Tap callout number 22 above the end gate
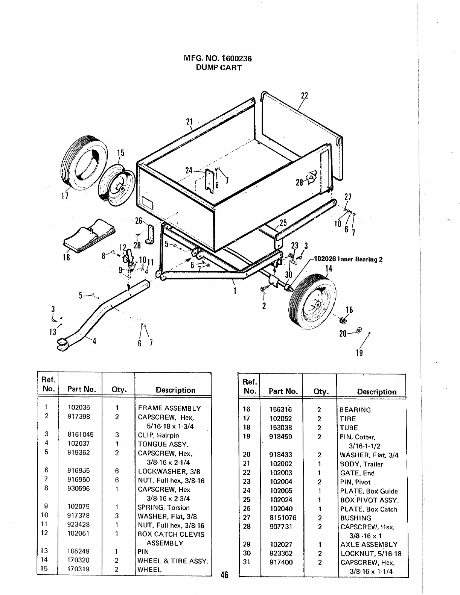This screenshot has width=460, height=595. click(305, 96)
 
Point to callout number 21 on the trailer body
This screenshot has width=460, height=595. click(189, 121)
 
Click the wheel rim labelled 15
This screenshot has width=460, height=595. click(117, 186)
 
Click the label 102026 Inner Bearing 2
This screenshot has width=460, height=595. click(348, 259)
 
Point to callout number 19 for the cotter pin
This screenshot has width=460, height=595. click(359, 353)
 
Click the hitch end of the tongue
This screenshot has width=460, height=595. click(62, 344)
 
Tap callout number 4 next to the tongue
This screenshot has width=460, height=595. click(94, 341)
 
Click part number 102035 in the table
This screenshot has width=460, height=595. click(79, 407)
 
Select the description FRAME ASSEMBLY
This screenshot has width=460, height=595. click(169, 408)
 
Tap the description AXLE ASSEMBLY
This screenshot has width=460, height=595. click(369, 544)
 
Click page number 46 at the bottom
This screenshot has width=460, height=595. click(224, 575)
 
